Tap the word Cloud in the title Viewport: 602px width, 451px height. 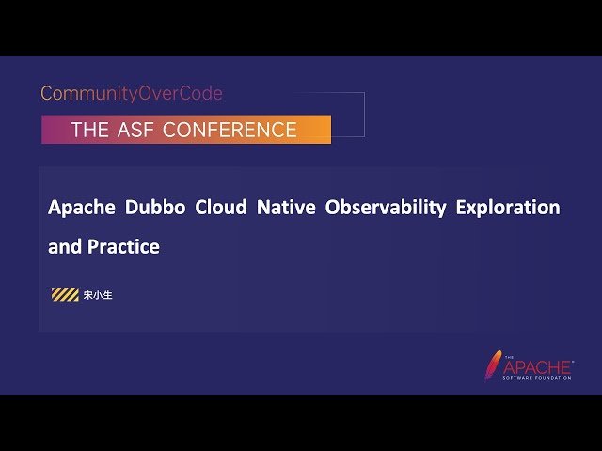tap(220, 208)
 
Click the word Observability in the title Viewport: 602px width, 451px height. tap(386, 208)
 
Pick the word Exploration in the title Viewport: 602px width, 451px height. tap(508, 208)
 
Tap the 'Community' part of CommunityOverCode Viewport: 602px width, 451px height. tap(85, 94)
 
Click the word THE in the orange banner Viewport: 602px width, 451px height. tap(90, 131)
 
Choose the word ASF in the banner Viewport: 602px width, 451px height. tap(136, 131)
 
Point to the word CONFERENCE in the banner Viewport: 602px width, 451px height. tap(230, 131)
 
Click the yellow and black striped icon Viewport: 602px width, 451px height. tap(65, 295)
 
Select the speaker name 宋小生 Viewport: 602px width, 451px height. tap(98, 295)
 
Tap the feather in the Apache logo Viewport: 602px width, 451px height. tap(493, 365)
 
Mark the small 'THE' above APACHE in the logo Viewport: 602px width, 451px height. tap(509, 357)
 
